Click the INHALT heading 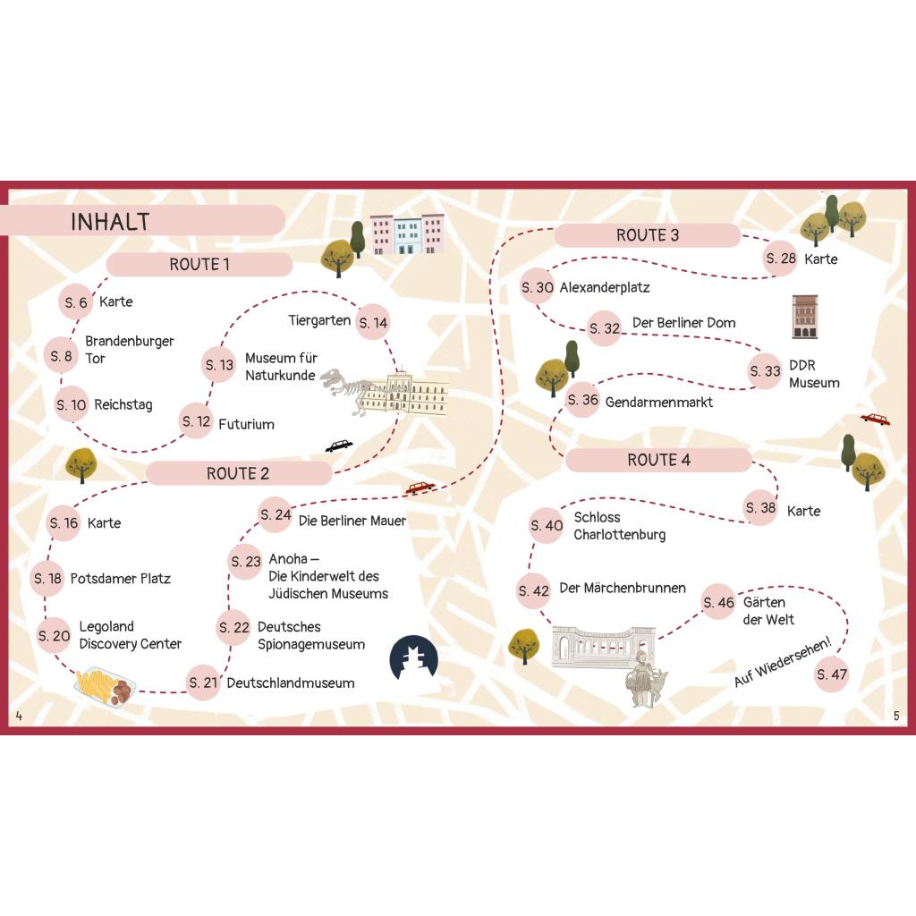coord(110,222)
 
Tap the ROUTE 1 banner coord(199,265)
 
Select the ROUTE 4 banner coord(658,461)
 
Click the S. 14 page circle coord(373,322)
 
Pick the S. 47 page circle coord(831,674)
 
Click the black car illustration coord(339,446)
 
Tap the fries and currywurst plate coord(106,687)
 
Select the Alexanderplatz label coord(605,287)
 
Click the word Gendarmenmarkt coord(659,402)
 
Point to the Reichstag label coord(123,405)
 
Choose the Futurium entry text coord(246,424)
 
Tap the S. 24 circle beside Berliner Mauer coord(276,514)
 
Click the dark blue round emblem coord(413,657)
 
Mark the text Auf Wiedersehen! coord(782,662)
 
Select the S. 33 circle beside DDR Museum coord(765,371)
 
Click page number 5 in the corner coord(896,716)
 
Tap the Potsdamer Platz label coord(121,579)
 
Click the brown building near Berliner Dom coord(804,317)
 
